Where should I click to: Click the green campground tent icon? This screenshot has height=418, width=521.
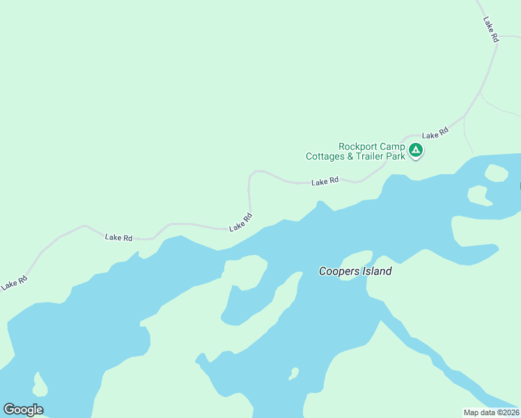(x=416, y=150)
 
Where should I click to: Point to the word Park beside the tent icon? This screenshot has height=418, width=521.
(x=396, y=157)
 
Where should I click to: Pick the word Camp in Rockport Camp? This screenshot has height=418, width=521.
(x=393, y=146)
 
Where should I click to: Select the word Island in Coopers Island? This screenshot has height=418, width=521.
(x=377, y=271)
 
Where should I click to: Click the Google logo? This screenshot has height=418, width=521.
(x=23, y=410)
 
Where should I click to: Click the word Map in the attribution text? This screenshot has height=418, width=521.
(x=472, y=412)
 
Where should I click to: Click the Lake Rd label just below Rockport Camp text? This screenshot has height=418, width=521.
(x=325, y=181)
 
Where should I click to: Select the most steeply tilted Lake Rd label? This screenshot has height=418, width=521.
(x=491, y=30)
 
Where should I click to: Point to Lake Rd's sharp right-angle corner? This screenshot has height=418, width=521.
(x=250, y=174)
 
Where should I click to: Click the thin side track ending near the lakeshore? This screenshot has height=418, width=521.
(x=468, y=136)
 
